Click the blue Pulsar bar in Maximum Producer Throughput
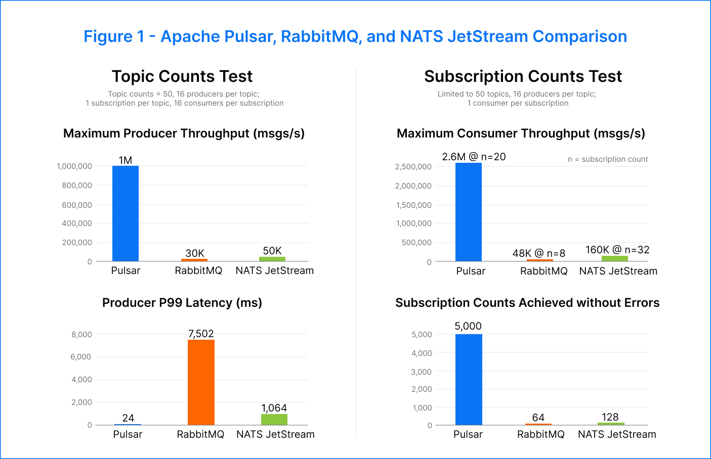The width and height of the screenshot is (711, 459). tap(126, 213)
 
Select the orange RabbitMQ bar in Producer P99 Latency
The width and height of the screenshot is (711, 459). tap(201, 382)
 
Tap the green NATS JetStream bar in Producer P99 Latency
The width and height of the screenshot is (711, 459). tap(274, 420)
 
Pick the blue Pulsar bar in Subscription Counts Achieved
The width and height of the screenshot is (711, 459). tap(469, 379)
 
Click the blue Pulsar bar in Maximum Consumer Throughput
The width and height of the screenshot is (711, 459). tap(469, 212)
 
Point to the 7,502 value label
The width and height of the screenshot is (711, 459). tap(201, 334)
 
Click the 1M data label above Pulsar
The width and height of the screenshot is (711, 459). tap(126, 160)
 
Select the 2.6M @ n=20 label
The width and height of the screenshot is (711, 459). tap(474, 157)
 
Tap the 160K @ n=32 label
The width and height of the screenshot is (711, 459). tap(617, 250)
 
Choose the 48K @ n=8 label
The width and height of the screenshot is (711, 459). tap(539, 253)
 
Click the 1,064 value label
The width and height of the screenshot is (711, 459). tap(274, 408)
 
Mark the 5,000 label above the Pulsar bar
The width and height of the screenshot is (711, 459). tap(468, 326)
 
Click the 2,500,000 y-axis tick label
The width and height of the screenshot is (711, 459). tap(413, 166)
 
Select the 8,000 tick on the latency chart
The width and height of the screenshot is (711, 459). tap(81, 334)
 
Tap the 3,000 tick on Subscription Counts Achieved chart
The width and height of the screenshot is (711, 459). tap(422, 372)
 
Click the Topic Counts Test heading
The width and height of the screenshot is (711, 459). tap(182, 76)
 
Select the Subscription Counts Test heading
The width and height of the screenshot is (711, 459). tap(523, 76)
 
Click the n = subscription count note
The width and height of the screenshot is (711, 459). tap(607, 159)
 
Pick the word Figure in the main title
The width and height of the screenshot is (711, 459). tap(108, 36)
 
